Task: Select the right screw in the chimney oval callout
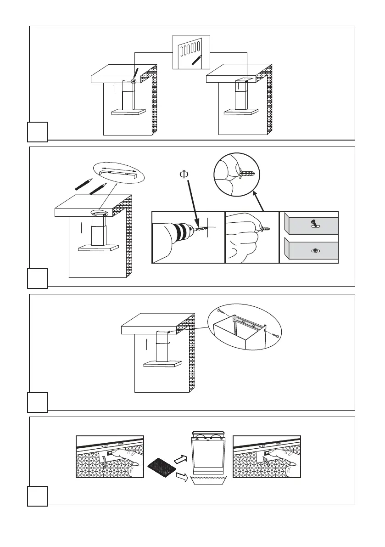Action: (x=277, y=336)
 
